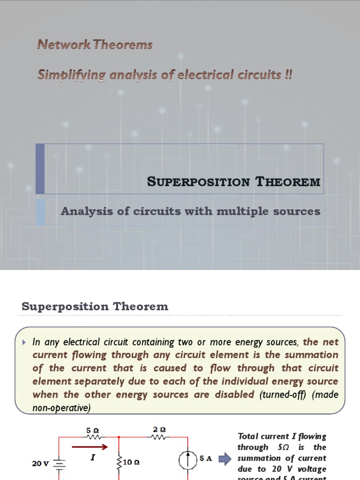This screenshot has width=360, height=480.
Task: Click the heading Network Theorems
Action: pos(95,45)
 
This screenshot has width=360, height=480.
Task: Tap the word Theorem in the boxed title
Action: pos(288,182)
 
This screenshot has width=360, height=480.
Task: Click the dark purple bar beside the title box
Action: pos(40,169)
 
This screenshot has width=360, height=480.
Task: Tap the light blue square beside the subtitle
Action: pos(40,212)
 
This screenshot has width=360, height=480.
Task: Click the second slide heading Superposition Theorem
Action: pos(95,307)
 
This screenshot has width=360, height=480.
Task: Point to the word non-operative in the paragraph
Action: pos(60,408)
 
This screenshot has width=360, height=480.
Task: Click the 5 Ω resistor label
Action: pos(93,430)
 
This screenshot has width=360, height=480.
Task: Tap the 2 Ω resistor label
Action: pos(159,429)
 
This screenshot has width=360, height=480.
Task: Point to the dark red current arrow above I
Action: pos(93,447)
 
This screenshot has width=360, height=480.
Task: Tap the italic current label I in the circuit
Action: pos(93,457)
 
